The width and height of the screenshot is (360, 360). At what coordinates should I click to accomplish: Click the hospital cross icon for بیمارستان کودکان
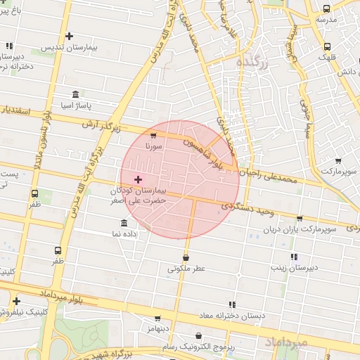(x=138, y=180)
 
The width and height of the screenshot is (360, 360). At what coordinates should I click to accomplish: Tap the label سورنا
(x=154, y=147)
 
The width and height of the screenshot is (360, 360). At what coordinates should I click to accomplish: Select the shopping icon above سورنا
(x=154, y=135)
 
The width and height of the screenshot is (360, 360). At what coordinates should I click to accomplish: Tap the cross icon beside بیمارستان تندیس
(x=69, y=36)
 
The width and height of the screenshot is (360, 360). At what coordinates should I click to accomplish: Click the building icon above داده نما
(x=124, y=223)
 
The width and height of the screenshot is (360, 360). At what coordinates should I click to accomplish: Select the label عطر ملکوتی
(x=186, y=269)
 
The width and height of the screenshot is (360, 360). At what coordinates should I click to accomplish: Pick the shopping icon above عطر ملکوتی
(x=186, y=257)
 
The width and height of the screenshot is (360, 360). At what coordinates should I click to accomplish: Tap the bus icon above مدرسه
(x=326, y=8)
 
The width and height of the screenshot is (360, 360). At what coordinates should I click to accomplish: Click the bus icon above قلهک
(x=326, y=47)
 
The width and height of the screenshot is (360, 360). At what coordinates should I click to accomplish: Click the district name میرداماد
(x=285, y=342)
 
